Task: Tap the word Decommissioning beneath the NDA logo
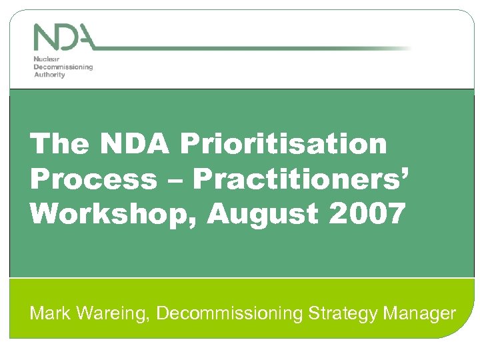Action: click(63, 67)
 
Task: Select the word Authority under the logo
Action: click(49, 75)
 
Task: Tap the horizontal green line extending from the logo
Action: click(253, 49)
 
